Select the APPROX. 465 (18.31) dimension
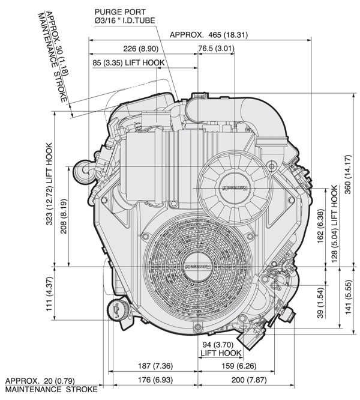tap(208, 34)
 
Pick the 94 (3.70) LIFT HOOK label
tap(220, 348)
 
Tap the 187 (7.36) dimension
tap(154, 366)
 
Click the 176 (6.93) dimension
tap(154, 380)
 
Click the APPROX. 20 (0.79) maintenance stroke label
tap(50, 385)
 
